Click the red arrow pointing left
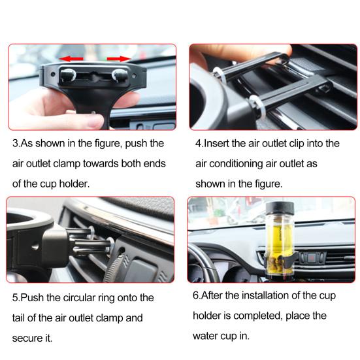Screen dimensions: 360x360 (x=71, y=59)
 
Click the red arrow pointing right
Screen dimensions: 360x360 (x=119, y=59)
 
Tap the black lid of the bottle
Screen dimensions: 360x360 (x=280, y=208)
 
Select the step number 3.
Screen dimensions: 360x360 (x=16, y=143)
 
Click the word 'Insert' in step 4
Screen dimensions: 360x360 (x=216, y=143)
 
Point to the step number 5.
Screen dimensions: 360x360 (x=16, y=298)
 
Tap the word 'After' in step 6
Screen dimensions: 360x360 (x=212, y=295)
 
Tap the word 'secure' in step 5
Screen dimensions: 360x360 (x=25, y=338)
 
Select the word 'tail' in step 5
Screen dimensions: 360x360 (x=18, y=318)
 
